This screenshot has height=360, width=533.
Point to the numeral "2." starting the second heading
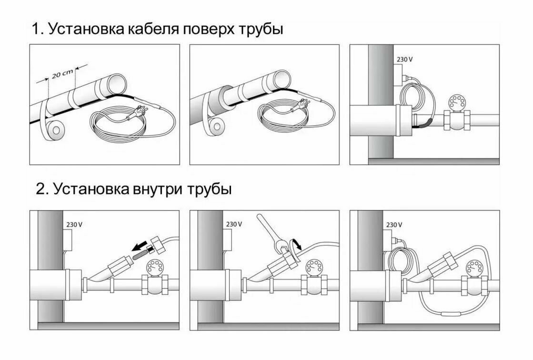pyautogui.click(x=42, y=189)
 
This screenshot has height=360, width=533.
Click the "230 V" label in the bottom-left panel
pyautogui.click(x=73, y=224)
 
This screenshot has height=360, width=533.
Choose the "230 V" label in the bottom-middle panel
pyautogui.click(x=233, y=224)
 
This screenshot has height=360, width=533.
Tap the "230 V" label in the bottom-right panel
pyautogui.click(x=393, y=224)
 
